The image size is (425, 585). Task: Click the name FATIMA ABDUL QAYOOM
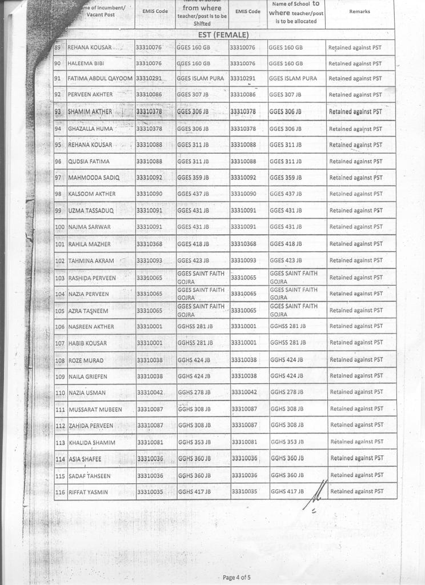[x=100, y=78]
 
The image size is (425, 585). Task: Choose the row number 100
[x=60, y=227]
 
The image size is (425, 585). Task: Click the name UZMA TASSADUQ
[x=91, y=211]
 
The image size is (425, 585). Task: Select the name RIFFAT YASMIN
[x=88, y=492]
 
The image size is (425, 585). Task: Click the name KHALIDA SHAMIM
[x=91, y=443]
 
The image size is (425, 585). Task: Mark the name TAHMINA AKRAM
[x=91, y=261]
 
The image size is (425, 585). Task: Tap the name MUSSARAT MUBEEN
[x=95, y=410]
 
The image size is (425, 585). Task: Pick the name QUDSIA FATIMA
[x=89, y=162]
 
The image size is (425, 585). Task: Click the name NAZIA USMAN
[x=87, y=394]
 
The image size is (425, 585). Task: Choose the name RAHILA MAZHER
[x=90, y=245]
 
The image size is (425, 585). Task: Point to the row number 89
[x=57, y=47]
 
